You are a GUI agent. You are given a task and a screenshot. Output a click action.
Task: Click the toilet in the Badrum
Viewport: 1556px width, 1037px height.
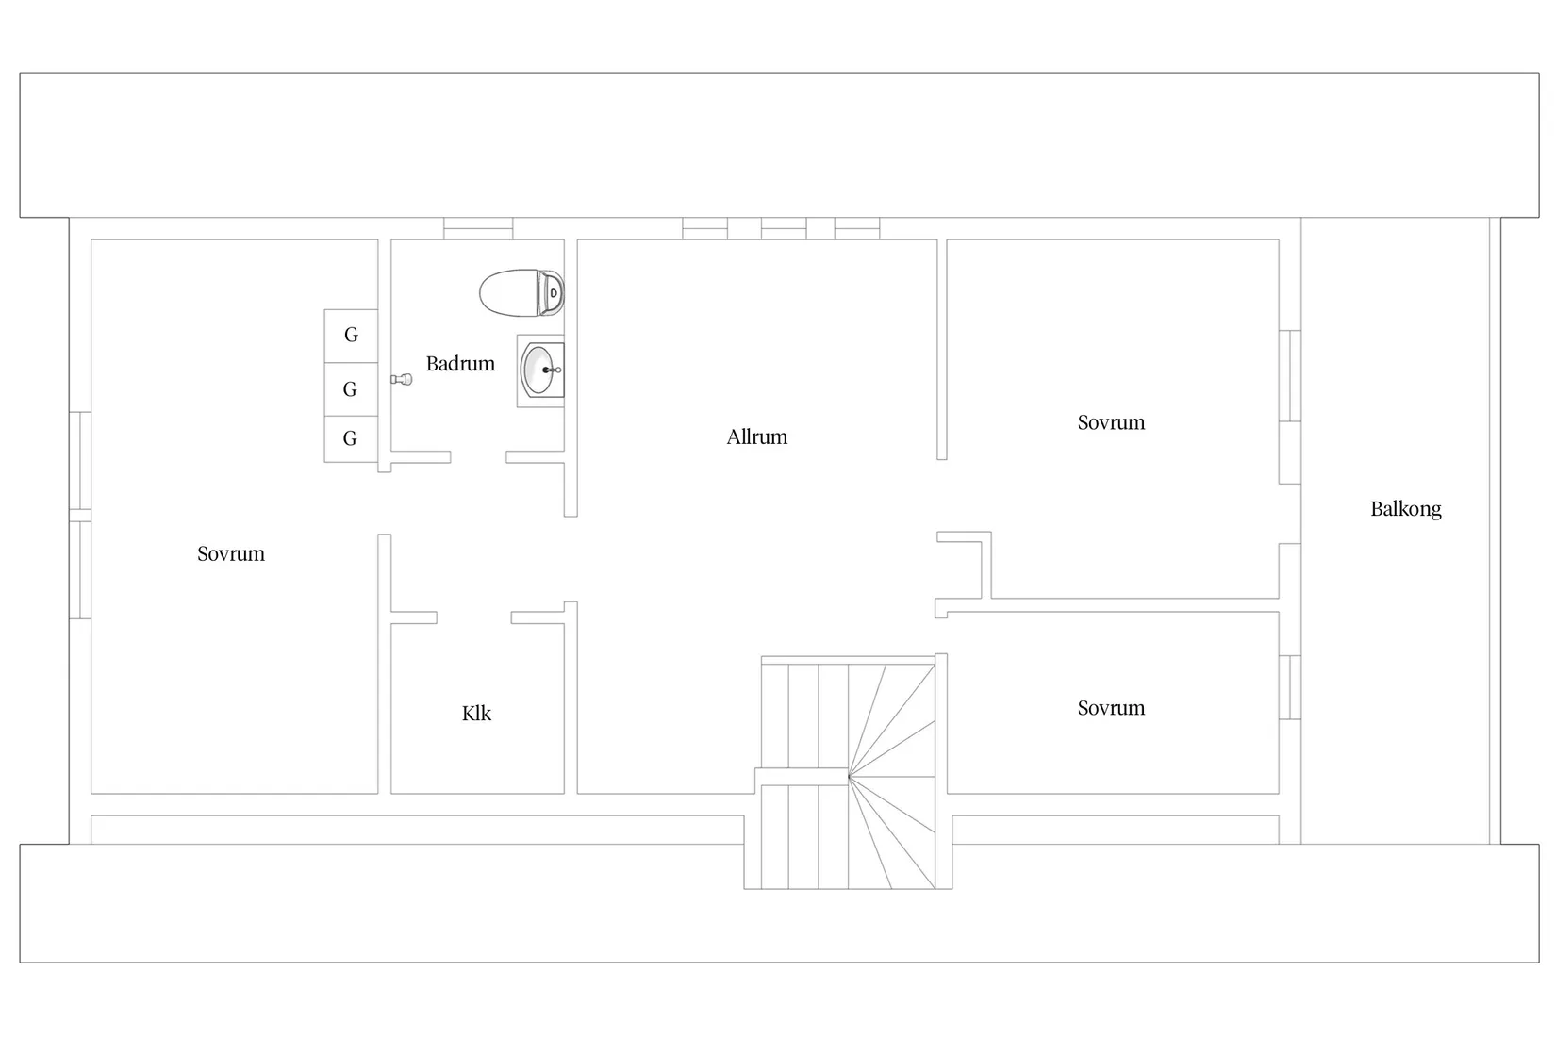[521, 292]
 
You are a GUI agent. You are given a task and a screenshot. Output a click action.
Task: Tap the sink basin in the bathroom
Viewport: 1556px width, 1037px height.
[538, 370]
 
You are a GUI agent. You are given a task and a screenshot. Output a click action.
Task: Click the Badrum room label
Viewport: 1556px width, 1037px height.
[460, 363]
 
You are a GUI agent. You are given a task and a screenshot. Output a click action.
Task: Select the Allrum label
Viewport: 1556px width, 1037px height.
[756, 436]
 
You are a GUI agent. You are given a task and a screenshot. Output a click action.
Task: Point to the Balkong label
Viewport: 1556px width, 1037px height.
[1405, 509]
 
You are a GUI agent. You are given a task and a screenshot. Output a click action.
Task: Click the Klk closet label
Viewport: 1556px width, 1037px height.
[476, 714]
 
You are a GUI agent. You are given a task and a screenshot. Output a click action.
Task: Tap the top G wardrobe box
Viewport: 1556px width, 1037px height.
[352, 336]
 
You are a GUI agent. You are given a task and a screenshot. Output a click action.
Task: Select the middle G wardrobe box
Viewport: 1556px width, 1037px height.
[352, 389]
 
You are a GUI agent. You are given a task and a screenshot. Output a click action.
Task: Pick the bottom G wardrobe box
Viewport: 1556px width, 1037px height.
[352, 439]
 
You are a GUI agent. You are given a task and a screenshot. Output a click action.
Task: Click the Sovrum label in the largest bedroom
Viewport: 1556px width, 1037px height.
[231, 553]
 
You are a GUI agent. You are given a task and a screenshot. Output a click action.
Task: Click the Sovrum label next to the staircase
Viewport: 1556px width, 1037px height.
[1111, 708]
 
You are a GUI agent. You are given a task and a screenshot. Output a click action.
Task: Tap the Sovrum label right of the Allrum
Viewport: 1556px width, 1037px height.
[1111, 422]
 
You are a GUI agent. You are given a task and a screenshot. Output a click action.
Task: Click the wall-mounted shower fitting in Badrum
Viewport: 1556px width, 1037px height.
[402, 379]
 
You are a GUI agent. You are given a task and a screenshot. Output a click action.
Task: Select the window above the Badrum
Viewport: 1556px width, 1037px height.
[478, 228]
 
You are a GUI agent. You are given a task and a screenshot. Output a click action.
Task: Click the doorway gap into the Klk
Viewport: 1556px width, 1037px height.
[473, 617]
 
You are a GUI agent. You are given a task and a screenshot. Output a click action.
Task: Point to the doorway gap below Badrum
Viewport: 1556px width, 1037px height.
[478, 457]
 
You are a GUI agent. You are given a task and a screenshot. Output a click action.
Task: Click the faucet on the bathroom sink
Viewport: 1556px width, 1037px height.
[552, 370]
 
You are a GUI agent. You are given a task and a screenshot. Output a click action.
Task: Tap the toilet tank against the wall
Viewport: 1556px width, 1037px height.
[551, 292]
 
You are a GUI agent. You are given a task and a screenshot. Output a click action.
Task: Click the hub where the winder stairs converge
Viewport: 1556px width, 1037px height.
[849, 777]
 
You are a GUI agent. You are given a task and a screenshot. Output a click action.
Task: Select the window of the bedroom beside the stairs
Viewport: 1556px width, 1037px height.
[1290, 687]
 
